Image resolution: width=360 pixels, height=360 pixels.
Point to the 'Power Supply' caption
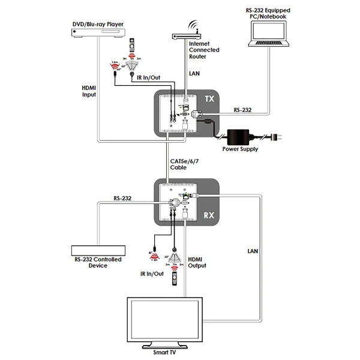(241, 149)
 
